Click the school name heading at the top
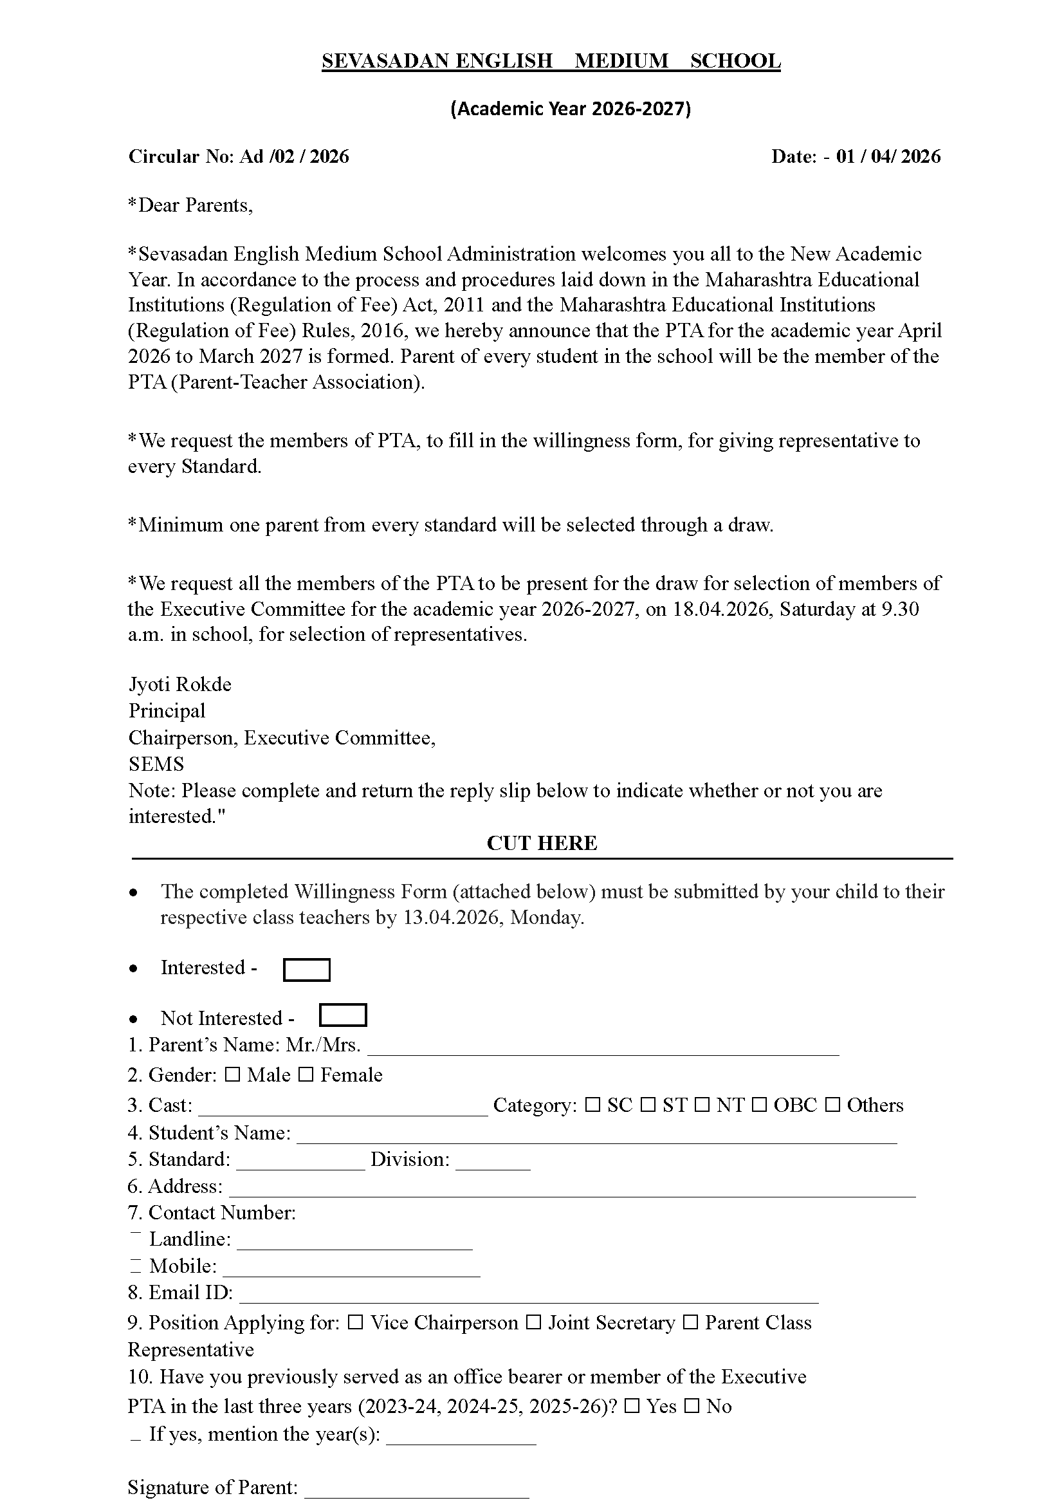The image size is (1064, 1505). (x=551, y=61)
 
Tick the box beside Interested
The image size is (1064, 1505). (x=306, y=970)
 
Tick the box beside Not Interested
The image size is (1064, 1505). (x=343, y=1015)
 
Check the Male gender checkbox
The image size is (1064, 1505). (x=232, y=1075)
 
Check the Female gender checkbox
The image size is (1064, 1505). (x=306, y=1075)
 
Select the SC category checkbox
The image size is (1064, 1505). (x=592, y=1105)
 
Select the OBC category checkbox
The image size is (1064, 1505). (x=758, y=1105)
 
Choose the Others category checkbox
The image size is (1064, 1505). (x=832, y=1105)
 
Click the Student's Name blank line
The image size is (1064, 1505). (x=596, y=1135)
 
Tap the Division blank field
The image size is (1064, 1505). (x=493, y=1162)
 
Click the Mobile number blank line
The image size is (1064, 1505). (x=351, y=1268)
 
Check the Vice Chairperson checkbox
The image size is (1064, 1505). (x=355, y=1323)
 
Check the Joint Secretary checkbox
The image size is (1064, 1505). (x=533, y=1323)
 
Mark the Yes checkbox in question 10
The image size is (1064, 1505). (x=632, y=1406)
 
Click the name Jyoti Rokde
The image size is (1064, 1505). (x=180, y=685)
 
